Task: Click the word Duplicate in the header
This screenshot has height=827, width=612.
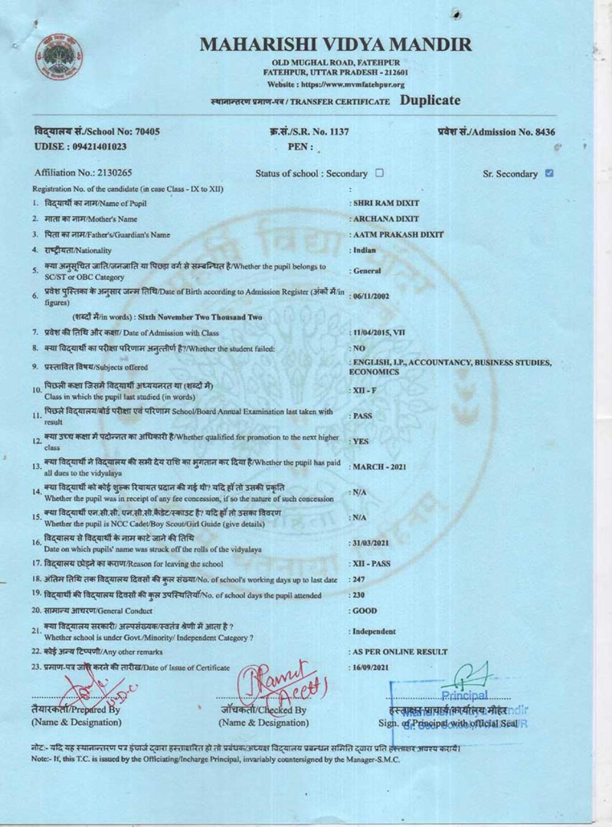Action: pyautogui.click(x=430, y=100)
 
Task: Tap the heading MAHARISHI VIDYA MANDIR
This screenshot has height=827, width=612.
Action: pyautogui.click(x=335, y=44)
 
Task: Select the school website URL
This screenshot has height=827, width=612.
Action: pyautogui.click(x=336, y=85)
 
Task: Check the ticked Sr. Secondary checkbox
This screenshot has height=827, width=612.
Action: pyautogui.click(x=549, y=173)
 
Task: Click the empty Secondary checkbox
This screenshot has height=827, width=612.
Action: pyautogui.click(x=379, y=173)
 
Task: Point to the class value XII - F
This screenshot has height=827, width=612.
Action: pyautogui.click(x=365, y=391)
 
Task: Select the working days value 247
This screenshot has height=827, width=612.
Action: pyautogui.click(x=360, y=579)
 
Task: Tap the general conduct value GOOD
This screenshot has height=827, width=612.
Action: pyautogui.click(x=365, y=611)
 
